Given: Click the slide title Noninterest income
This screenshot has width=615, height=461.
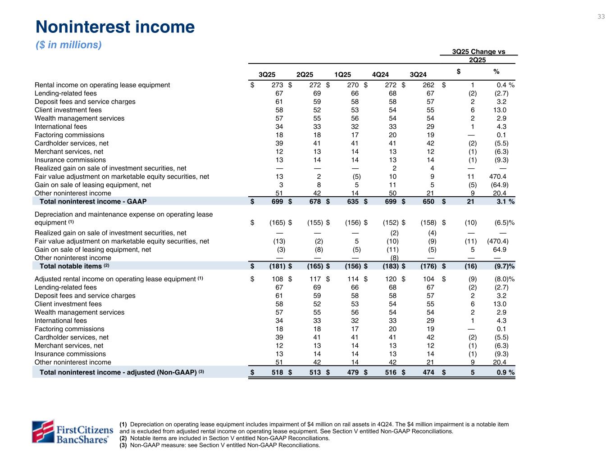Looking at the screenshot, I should pos(115,27).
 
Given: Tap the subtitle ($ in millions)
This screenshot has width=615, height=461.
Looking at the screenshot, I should pos(68,45).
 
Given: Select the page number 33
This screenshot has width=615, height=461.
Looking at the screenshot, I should pos(601,17).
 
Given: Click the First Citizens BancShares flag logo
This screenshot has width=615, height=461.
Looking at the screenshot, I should pos(42,431).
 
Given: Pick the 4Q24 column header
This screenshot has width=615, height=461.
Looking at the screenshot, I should pos(380,74).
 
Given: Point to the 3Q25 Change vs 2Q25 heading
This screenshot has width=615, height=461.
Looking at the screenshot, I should pos(478,55).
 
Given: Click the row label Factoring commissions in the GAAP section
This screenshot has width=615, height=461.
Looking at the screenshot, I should pos(69,135).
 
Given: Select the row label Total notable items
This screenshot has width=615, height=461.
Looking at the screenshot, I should pos(71,266).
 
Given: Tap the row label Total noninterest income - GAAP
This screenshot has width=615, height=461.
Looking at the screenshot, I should pos(93,202).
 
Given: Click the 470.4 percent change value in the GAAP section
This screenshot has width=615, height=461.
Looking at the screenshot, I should pos(498,177).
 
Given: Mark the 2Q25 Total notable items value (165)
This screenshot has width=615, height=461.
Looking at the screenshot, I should pos(314,266).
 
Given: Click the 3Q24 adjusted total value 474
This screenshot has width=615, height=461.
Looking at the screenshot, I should pos(428,373).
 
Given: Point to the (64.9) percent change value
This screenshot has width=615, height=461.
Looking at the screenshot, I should pos(498,185).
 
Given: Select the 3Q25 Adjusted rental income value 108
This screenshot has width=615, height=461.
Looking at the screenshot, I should pos(277,279).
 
